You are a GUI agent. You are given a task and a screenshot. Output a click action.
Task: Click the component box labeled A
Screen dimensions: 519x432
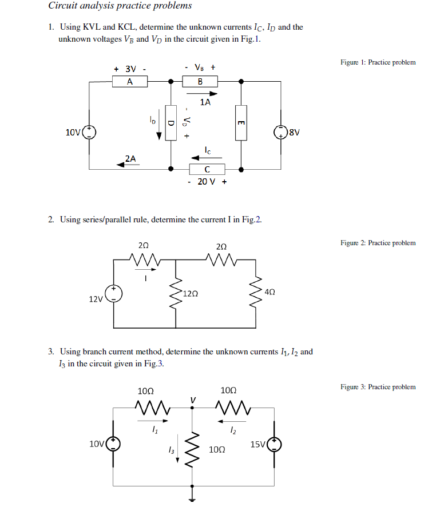pos(130,82)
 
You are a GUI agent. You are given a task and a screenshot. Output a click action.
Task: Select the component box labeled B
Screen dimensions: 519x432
pos(200,82)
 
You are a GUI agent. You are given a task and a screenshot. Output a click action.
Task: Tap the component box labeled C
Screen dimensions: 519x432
pos(207,169)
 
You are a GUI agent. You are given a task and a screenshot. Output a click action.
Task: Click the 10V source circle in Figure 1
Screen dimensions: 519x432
pos(89,133)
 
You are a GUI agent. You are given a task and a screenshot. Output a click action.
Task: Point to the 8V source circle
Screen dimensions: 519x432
pos(281,133)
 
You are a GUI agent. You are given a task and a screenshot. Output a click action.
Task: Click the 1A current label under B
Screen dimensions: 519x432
pos(205,102)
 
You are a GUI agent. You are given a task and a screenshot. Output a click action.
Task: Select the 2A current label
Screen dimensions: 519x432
pos(130,158)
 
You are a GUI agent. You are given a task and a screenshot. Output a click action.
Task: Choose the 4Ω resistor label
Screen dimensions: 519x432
pos(271,292)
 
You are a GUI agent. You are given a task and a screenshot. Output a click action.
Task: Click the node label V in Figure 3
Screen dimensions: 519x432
pos(193,399)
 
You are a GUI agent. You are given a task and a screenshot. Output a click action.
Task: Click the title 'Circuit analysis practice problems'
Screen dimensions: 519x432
pos(120,6)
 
